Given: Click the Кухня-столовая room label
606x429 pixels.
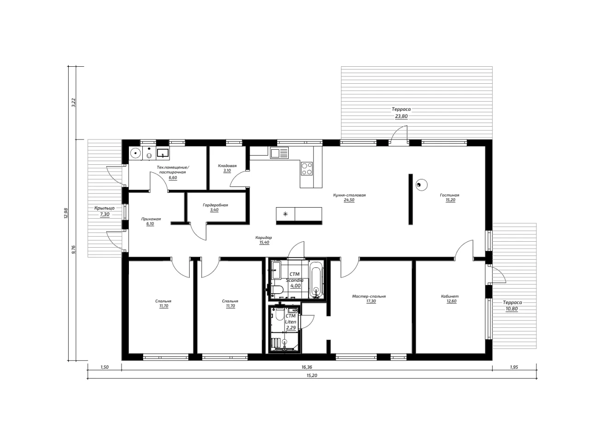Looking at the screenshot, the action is pos(349,195).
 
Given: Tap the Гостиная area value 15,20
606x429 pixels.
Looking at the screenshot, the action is pos(450,200).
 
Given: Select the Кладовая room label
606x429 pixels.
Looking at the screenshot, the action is pos(227,166).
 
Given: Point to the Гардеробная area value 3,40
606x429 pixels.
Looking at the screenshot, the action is pos(214,210).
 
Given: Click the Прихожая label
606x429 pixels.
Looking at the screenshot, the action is pos(151,219).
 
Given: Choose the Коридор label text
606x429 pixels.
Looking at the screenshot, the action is pos(264,238).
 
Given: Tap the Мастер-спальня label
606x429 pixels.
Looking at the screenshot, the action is pos(369,296).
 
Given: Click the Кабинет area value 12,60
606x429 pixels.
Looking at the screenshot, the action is pos(452,301).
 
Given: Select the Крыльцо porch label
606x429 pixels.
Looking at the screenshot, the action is pos(105,208).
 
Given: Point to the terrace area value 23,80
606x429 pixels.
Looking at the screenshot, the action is pos(402,116).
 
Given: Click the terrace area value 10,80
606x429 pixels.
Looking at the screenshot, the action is pos(512,309).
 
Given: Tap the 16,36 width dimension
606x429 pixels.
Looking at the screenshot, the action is pos(307,367).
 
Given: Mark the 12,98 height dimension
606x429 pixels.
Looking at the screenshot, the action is pos(66,213).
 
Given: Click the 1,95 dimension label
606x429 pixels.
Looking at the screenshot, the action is pos(514,367).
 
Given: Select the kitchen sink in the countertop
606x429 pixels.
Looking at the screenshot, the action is pos(279,153).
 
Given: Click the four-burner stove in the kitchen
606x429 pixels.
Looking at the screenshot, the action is pos(307,169).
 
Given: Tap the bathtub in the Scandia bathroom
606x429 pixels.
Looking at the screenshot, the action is pos(316,279).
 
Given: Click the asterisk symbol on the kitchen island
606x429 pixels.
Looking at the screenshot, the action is pos(286,214).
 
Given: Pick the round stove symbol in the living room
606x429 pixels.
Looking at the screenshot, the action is pos(421,185).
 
